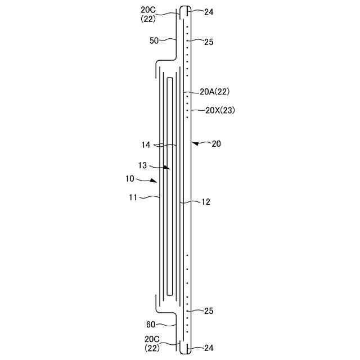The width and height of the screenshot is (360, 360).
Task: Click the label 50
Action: pos(154,40)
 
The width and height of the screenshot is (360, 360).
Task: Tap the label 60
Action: pos(151,325)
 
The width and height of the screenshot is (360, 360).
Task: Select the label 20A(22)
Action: pos(215,92)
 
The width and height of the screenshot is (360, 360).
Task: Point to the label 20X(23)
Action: pos(220,110)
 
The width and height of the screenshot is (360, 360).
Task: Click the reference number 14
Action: pos(146,145)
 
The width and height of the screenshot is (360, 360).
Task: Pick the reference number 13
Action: pos(142,165)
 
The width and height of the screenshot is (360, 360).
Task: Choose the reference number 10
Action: pos(130,179)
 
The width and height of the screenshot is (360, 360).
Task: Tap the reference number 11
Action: pos(133,197)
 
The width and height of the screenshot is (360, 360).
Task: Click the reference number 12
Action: pos(206,202)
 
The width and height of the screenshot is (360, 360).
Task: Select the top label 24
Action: pos(209,12)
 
